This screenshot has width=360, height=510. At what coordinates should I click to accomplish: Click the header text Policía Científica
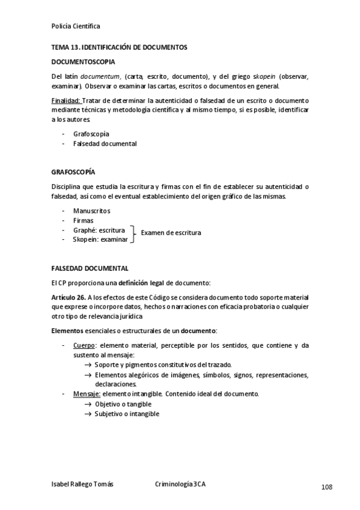click(76, 26)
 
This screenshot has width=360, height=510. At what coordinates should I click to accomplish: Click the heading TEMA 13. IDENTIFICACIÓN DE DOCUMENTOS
click(119, 47)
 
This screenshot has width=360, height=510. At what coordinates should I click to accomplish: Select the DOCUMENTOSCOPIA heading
click(84, 62)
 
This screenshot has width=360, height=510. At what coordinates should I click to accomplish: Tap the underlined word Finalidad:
click(66, 100)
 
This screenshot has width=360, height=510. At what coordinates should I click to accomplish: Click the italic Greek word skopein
click(245, 77)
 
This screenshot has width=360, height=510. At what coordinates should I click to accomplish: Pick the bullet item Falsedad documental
click(105, 144)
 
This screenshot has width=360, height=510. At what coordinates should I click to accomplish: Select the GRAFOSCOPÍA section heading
click(73, 172)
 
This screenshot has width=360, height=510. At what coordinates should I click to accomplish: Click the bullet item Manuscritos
click(91, 211)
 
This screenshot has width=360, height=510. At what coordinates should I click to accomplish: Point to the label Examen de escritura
click(171, 233)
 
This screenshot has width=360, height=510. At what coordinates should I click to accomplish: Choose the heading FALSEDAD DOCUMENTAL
click(90, 268)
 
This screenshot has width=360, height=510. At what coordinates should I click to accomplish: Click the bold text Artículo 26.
click(69, 298)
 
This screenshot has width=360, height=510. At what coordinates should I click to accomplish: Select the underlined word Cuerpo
click(84, 346)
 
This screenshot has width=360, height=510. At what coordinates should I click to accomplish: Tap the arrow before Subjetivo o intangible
click(88, 414)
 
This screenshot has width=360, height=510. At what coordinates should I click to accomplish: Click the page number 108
click(326, 487)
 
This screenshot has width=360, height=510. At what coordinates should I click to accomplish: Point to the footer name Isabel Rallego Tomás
click(82, 484)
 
